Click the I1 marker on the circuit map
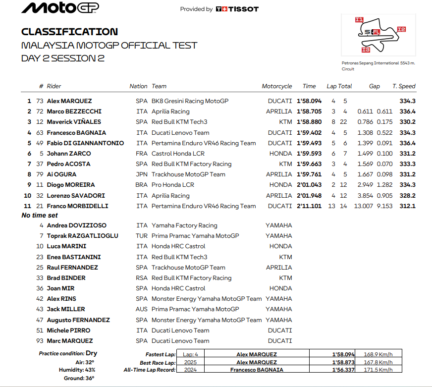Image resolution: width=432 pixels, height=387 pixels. (359, 20)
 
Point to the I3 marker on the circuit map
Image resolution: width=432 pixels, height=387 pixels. (366, 50)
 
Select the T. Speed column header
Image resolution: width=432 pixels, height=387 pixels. (404, 86)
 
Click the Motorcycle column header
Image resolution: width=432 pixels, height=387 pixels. (277, 86)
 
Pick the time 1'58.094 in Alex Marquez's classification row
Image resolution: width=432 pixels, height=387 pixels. (309, 101)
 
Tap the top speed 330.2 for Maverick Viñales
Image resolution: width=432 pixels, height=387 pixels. (407, 122)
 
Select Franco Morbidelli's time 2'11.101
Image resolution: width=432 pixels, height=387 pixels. (309, 206)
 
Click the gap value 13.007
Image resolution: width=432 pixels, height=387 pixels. (364, 206)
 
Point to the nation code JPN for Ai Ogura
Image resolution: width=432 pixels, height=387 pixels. (142, 174)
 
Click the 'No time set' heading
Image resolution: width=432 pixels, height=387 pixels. (40, 216)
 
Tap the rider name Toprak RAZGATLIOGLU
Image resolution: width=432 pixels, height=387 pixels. (82, 236)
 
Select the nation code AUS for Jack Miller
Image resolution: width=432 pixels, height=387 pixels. (142, 309)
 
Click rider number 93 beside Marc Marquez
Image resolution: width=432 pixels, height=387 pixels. (40, 341)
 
